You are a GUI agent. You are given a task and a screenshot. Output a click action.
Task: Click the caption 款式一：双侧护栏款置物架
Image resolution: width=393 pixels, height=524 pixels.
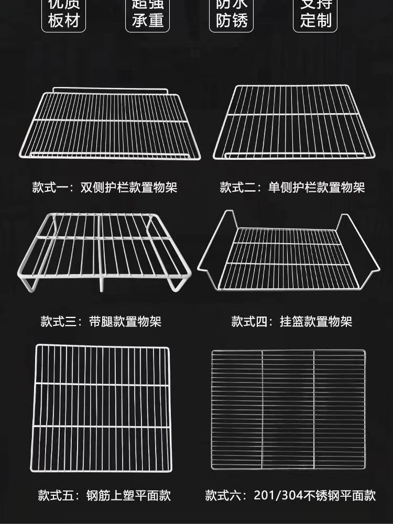click(105, 187)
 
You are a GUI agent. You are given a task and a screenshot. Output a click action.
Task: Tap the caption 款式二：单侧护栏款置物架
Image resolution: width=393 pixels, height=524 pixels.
click(292, 187)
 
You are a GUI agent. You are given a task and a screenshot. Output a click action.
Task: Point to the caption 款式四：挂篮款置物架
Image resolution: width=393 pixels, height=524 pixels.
click(292, 321)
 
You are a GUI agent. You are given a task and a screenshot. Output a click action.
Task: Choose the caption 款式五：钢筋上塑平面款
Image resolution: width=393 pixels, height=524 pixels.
click(104, 495)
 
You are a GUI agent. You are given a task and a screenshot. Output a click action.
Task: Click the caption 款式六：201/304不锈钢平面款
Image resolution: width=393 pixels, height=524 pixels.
click(290, 495)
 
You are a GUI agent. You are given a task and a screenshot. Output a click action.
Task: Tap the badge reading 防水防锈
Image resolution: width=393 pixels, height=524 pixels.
click(231, 15)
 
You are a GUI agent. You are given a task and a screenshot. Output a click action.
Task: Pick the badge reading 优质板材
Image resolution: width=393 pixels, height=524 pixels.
click(63, 15)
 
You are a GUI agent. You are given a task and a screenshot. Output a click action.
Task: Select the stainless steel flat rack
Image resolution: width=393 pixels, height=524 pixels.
click(288, 409)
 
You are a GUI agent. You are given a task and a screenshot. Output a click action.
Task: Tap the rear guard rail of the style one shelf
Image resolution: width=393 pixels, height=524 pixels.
click(110, 90)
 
